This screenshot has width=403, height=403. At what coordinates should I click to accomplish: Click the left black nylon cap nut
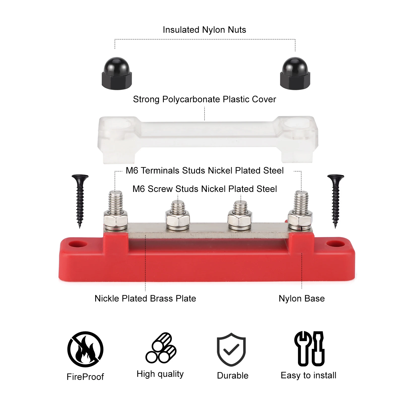point(117,74)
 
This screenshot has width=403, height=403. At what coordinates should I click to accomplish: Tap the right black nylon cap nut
point(295,74)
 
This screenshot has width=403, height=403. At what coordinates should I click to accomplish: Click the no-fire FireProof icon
point(85,349)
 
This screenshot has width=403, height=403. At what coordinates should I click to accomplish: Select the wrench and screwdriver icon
point(309,349)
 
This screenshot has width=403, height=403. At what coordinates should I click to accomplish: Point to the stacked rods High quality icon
point(161,348)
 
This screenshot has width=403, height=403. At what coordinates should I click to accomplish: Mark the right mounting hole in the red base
point(335,244)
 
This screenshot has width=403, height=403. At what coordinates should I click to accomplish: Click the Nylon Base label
point(301,298)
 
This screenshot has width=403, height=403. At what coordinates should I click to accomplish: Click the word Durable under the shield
point(232,376)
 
